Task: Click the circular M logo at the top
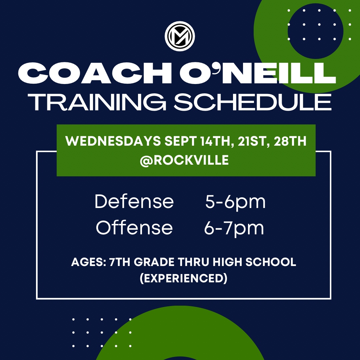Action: (x=180, y=36)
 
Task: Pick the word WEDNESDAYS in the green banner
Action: (x=111, y=141)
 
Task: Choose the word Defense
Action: (x=134, y=202)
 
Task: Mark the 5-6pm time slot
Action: (x=235, y=202)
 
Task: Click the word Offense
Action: (x=134, y=228)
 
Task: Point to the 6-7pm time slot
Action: (x=234, y=228)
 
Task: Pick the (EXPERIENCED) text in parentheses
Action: (x=184, y=278)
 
